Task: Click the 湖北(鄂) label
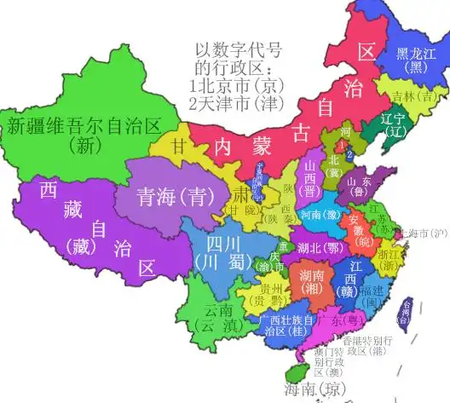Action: (x=315, y=247)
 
